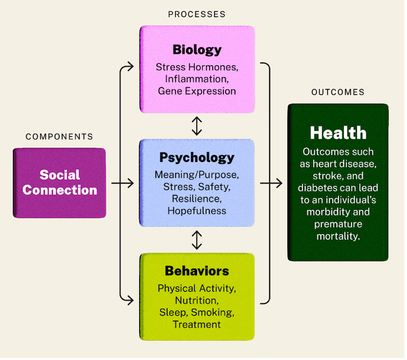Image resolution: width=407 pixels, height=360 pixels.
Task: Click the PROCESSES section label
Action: [x=197, y=14]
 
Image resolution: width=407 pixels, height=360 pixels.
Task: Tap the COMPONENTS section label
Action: [x=59, y=137]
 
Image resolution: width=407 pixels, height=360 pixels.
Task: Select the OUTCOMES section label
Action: [x=338, y=93]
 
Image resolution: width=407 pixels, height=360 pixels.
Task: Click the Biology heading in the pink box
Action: [x=197, y=49]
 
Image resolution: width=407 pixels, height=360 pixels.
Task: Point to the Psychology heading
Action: [x=197, y=157]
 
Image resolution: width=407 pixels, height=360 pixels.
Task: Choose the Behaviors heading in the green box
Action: [x=197, y=271]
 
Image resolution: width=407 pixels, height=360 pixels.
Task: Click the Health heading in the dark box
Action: [x=338, y=133]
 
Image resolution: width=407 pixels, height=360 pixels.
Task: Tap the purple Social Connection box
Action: [x=60, y=183]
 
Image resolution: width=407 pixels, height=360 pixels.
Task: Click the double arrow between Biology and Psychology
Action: [x=197, y=125]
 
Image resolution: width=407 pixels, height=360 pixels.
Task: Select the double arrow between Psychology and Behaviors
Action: [x=197, y=239]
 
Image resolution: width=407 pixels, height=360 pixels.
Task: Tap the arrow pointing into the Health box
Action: [x=277, y=183]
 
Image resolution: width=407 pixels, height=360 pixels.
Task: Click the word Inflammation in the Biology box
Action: [x=197, y=79]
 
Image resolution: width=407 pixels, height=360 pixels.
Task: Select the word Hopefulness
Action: [x=197, y=210]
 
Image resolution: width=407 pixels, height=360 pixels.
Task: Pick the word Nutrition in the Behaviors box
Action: [x=197, y=300]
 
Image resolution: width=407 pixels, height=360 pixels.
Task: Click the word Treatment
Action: [x=197, y=324]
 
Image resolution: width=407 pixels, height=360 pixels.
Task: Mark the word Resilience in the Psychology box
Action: [x=197, y=199]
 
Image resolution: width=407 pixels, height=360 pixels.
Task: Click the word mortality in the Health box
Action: [x=338, y=236]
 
